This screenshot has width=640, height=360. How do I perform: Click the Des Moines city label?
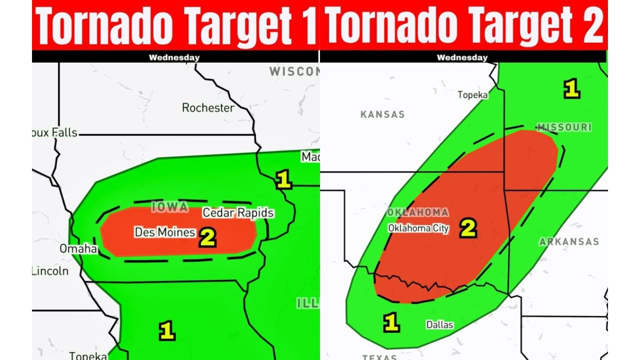(x=164, y=232)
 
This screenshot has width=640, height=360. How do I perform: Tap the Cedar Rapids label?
(x=238, y=213)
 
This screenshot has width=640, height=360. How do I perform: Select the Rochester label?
(x=207, y=108)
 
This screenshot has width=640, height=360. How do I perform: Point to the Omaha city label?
(x=78, y=248)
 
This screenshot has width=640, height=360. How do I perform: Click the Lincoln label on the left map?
(x=49, y=271)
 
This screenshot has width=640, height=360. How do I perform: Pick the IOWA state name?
(x=169, y=207)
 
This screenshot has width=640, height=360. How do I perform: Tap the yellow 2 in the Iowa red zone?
(x=207, y=238)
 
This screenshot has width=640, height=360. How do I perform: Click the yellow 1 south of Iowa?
(x=166, y=331)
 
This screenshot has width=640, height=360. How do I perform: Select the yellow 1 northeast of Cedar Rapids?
(x=283, y=180)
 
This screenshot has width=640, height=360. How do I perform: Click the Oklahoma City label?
(x=418, y=228)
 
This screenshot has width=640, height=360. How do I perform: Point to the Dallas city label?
(x=439, y=325)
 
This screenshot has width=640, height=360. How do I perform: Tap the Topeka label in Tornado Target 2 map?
(x=472, y=95)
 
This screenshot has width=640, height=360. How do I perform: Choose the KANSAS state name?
(x=382, y=114)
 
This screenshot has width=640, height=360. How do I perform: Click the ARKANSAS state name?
(x=568, y=242)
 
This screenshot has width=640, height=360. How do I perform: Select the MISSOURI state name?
(x=564, y=127)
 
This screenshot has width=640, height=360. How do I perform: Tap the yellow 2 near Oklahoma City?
(x=468, y=228)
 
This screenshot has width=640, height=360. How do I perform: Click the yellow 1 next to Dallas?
(x=391, y=322)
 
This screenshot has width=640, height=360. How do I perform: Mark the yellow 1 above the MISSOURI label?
(x=571, y=89)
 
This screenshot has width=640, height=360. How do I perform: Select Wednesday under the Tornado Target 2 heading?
(x=462, y=57)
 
